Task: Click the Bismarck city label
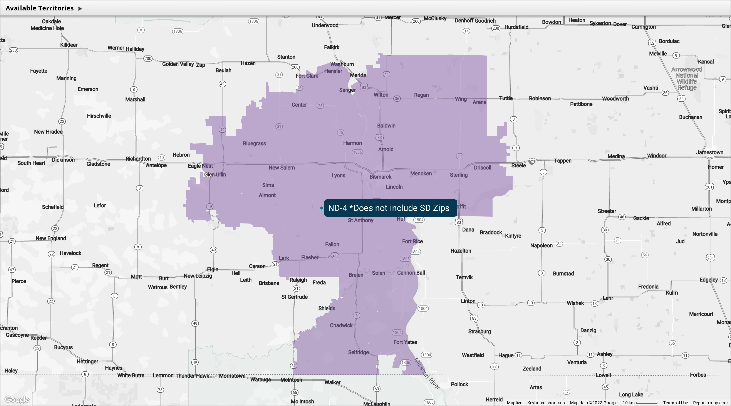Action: point(380,177)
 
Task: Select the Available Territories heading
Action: point(40,8)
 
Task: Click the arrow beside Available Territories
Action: point(80,8)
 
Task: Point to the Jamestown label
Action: point(709,152)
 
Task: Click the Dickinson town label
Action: point(63,160)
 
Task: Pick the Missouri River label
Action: point(427,373)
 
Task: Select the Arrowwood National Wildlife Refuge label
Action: point(687,78)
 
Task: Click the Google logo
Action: point(17,399)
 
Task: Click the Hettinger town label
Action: point(87,361)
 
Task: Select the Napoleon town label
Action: point(541,245)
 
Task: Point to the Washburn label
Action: point(342,64)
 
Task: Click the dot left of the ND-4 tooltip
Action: point(321,208)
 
